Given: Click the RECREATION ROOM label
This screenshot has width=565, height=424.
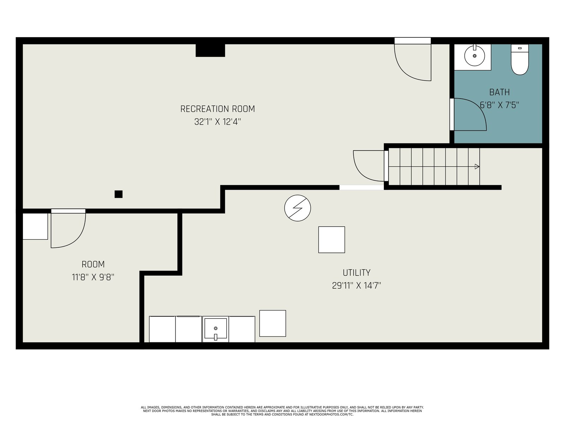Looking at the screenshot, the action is [218, 109].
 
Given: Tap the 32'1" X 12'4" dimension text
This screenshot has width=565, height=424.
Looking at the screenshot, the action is [218, 122].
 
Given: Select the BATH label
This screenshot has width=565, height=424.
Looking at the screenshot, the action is [499, 92].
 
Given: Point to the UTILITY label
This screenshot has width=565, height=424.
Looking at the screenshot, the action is [357, 273].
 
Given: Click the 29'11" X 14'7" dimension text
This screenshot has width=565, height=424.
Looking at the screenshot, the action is [357, 285].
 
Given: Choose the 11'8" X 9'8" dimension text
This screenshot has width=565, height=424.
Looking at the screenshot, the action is [93, 277].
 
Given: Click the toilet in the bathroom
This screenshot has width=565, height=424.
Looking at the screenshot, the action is [520, 59].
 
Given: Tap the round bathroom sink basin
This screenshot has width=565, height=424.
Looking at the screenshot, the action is [474, 56].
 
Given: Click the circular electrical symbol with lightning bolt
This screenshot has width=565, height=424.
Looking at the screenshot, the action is [298, 208].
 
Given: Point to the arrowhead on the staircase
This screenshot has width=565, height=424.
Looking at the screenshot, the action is [477, 166].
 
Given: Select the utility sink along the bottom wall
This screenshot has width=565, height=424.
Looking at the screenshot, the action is [215, 329].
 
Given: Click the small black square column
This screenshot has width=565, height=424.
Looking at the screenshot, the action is [118, 194].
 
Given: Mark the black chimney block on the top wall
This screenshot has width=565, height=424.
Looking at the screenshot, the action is [210, 50].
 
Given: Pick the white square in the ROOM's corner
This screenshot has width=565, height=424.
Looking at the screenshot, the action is [35, 226].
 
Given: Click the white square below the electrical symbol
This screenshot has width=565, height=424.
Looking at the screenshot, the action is [332, 240].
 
